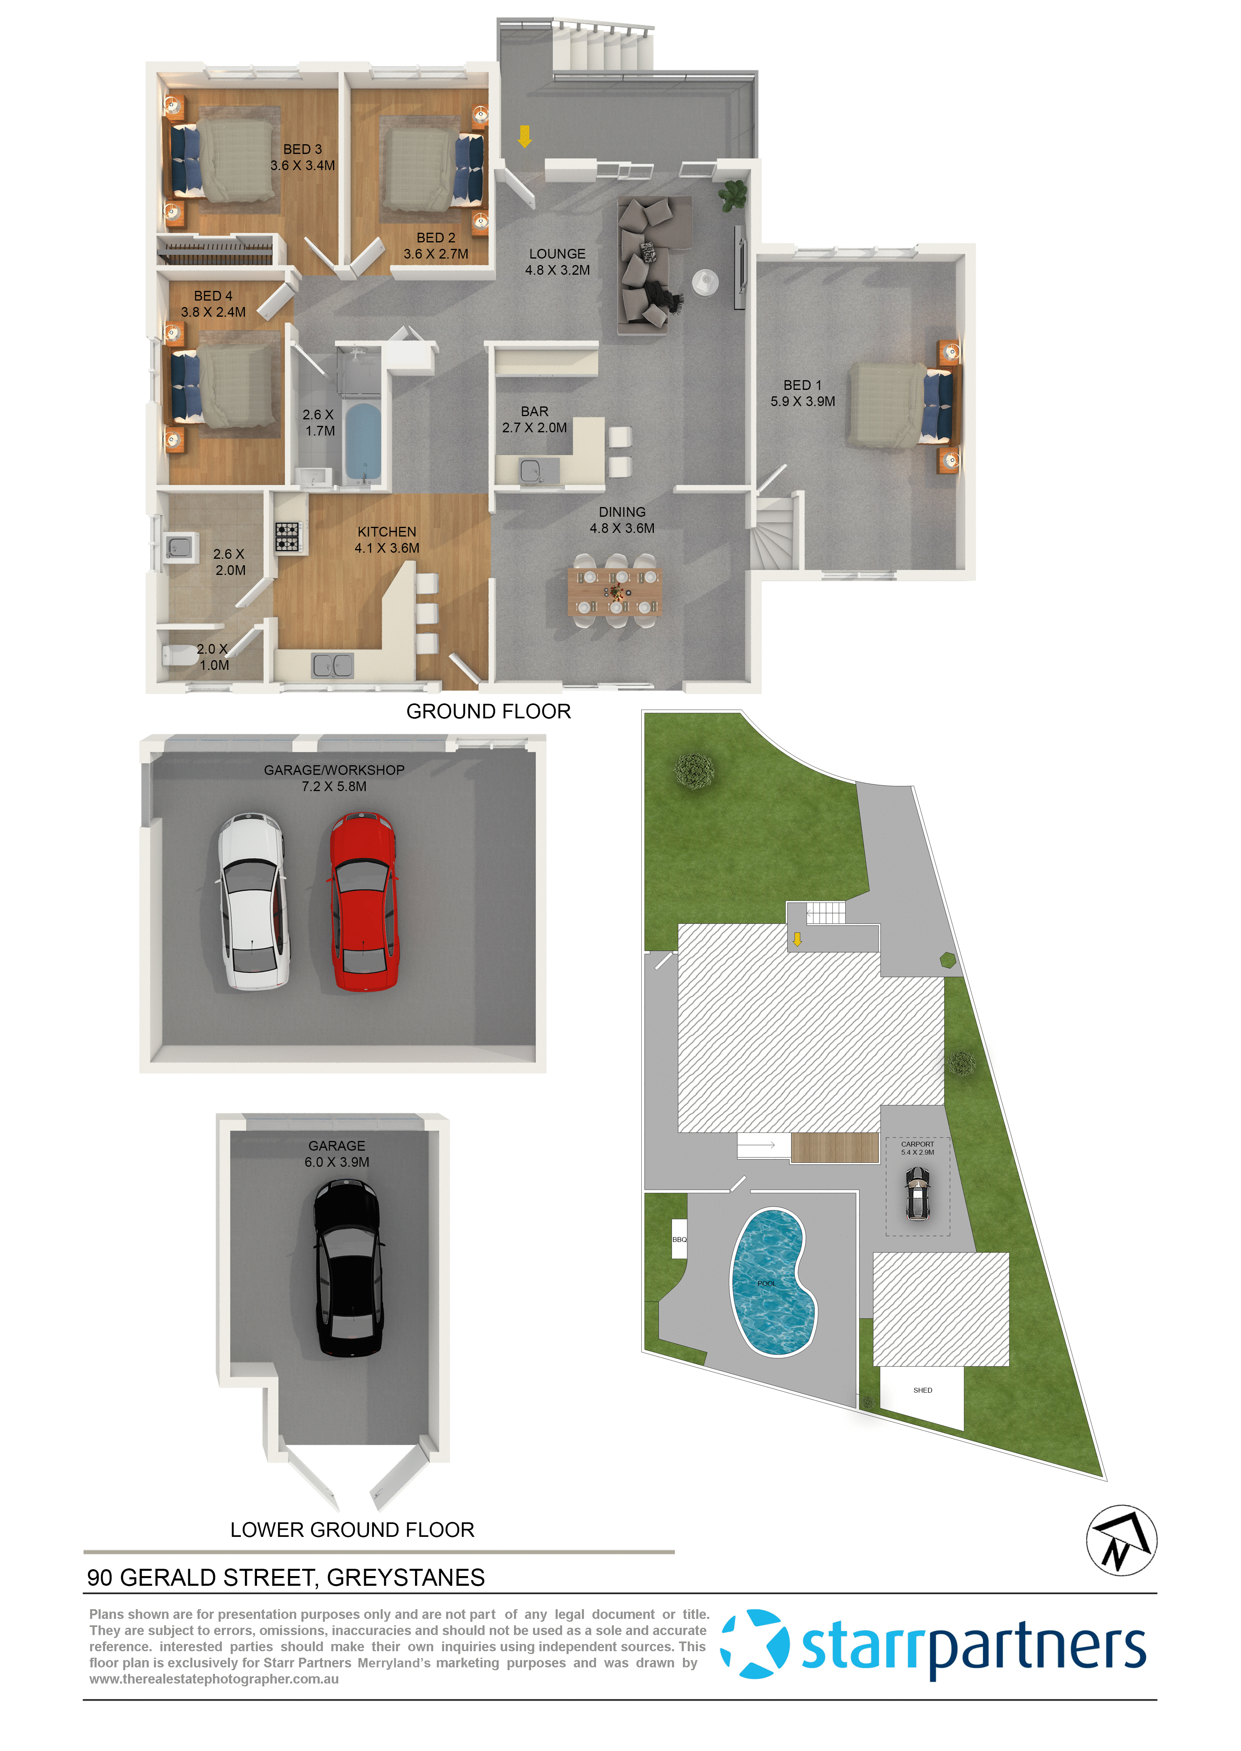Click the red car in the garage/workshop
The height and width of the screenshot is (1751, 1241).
[x=364, y=902]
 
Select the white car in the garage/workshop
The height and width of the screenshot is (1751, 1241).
[x=254, y=901]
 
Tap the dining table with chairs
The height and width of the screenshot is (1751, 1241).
[x=615, y=591]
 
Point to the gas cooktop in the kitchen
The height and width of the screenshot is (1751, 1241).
[x=287, y=536]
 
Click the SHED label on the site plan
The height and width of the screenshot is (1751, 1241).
[x=922, y=1390]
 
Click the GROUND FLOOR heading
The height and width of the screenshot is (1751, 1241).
[x=488, y=711]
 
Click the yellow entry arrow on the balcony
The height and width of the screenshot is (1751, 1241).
[x=524, y=136]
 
